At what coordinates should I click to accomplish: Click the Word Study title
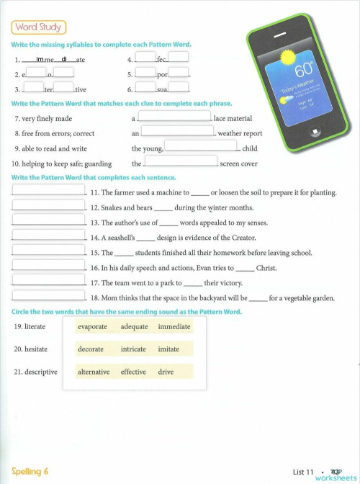click(x=38, y=27)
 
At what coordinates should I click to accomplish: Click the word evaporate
click(x=92, y=326)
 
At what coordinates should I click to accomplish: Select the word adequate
click(x=134, y=326)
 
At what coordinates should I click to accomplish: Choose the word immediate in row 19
click(x=174, y=326)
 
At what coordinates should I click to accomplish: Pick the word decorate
click(x=91, y=349)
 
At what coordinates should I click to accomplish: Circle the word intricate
click(x=134, y=349)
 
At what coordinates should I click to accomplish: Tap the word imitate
click(x=168, y=349)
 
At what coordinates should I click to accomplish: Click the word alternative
click(x=94, y=372)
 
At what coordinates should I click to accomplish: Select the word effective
click(x=134, y=372)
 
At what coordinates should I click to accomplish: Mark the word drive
click(x=166, y=372)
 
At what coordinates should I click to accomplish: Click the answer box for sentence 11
click(x=49, y=192)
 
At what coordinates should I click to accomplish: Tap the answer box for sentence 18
click(x=49, y=296)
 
